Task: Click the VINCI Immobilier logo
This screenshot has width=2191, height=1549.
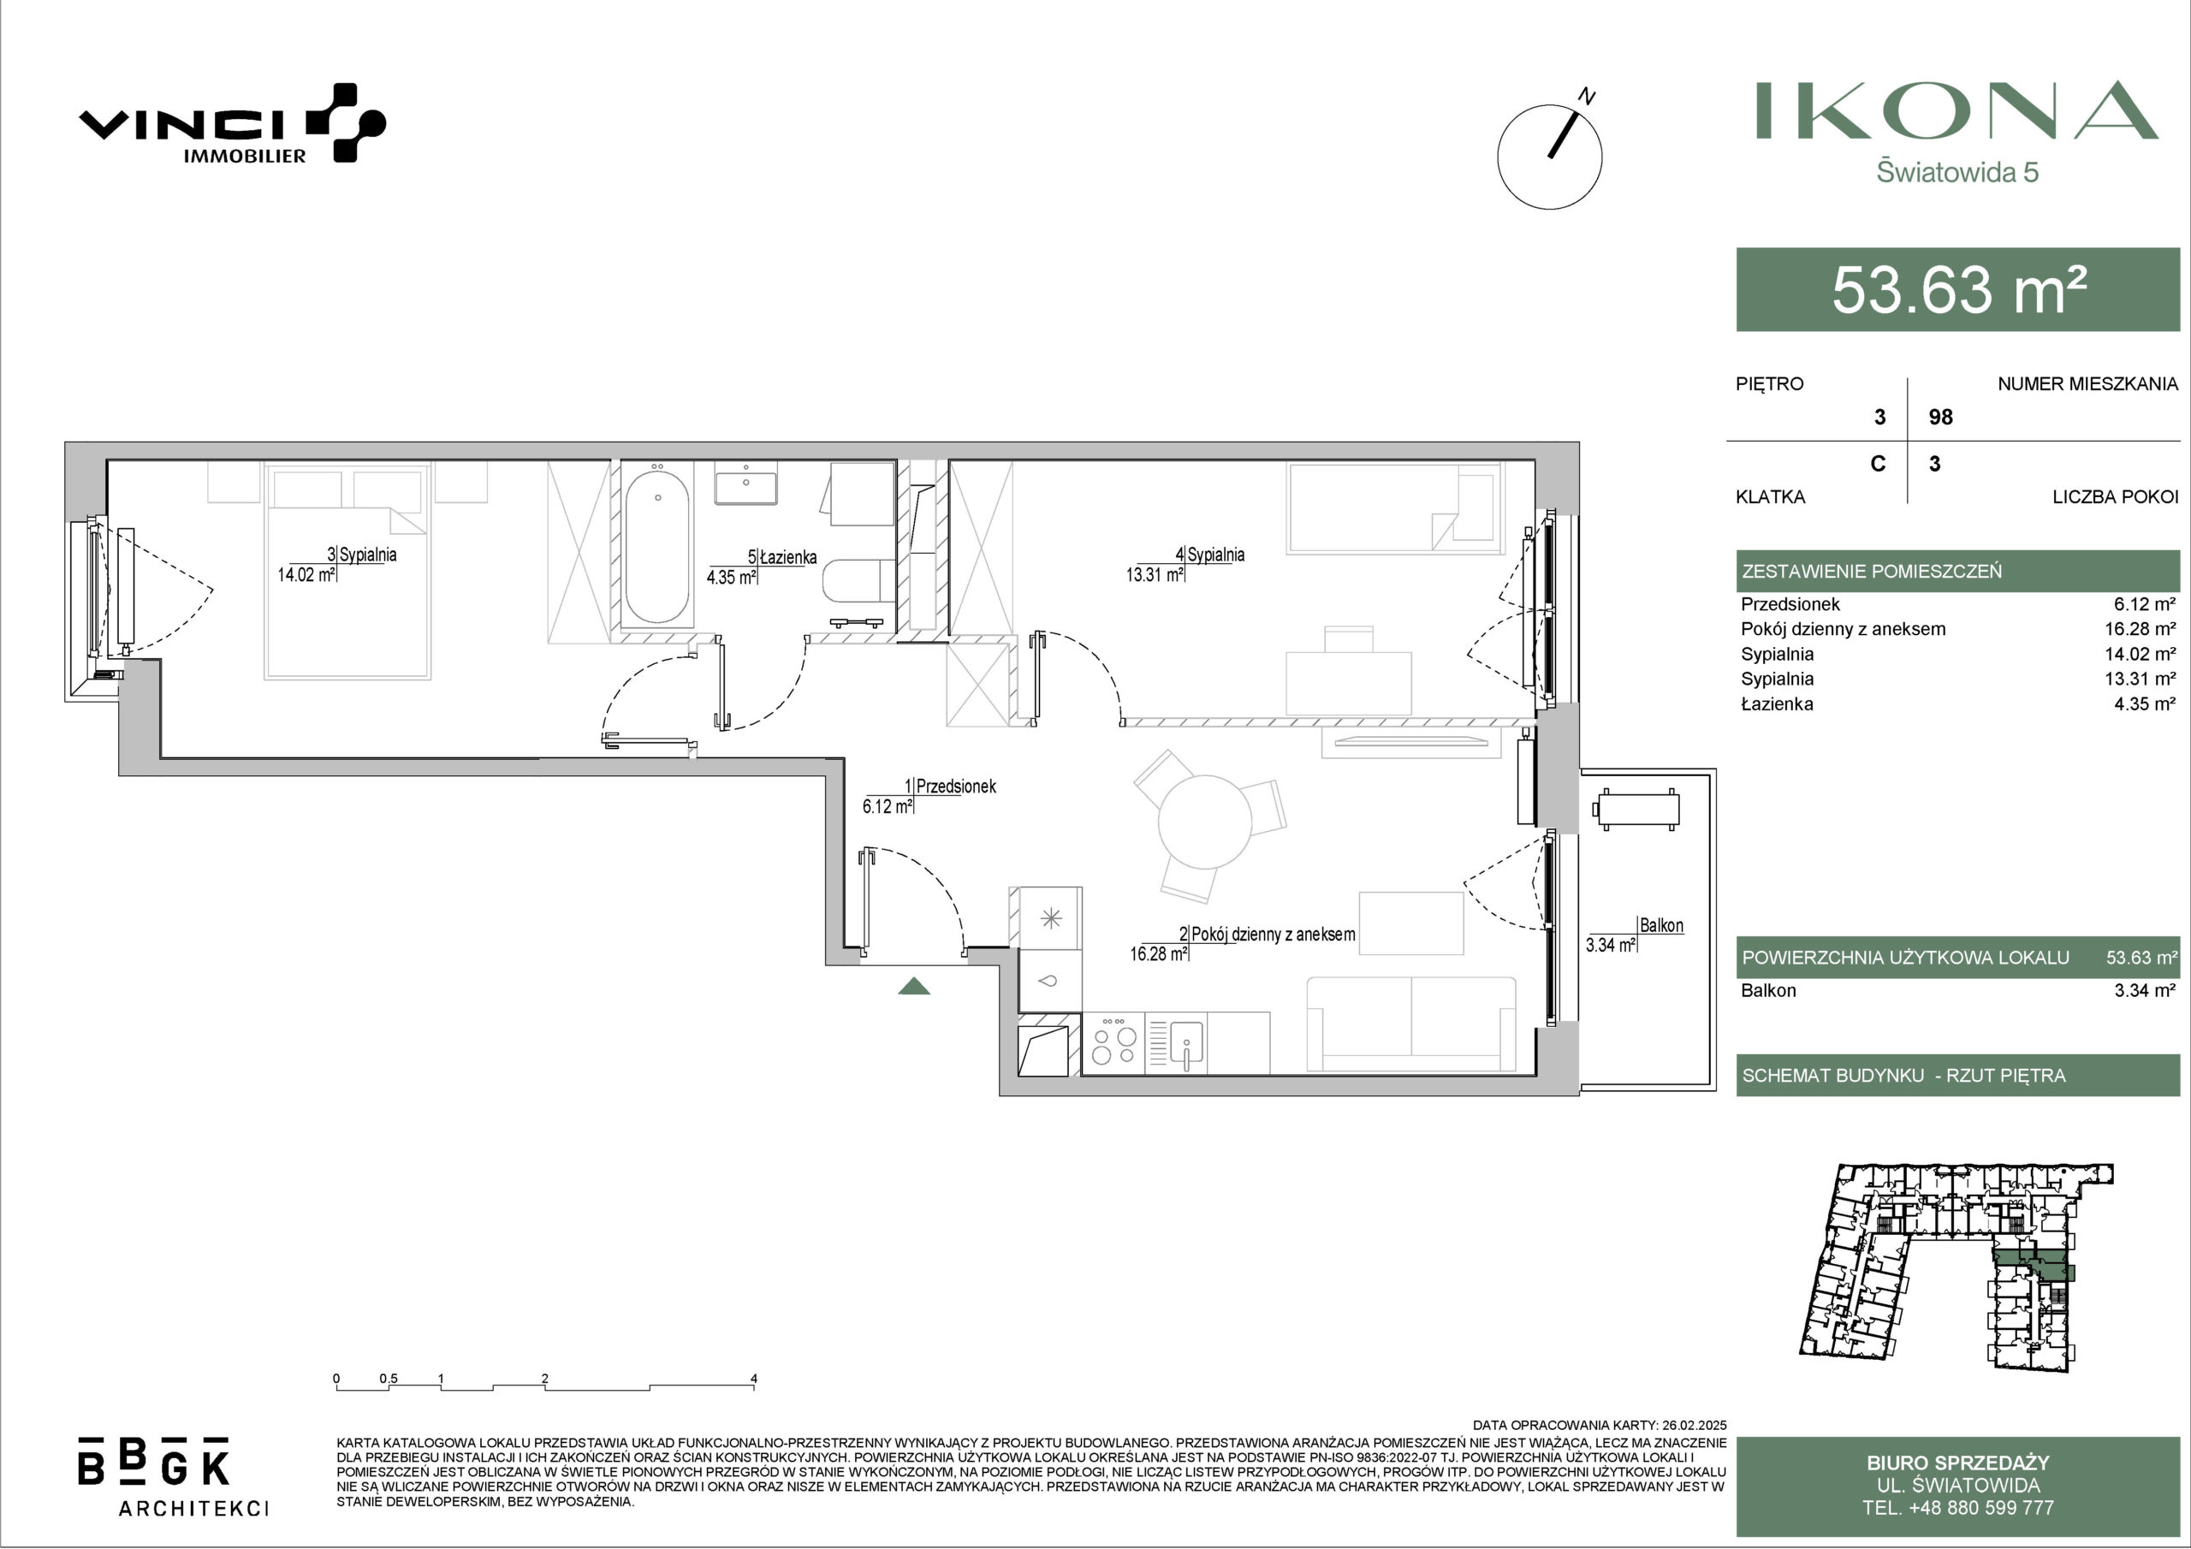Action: (232, 124)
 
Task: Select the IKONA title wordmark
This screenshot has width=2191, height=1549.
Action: (1956, 110)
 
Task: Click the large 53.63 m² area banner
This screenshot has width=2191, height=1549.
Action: (1957, 289)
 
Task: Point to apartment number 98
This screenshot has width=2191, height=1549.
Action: (1940, 417)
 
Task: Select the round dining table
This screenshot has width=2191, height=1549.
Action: (1204, 821)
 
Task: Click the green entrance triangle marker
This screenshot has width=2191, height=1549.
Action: (914, 986)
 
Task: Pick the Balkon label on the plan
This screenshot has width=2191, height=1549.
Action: (1660, 925)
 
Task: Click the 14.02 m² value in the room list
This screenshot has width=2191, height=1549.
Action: (2144, 654)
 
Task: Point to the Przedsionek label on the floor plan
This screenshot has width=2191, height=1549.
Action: (955, 786)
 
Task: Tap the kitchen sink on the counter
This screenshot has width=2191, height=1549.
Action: (1186, 1043)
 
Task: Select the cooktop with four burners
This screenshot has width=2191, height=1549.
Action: (1113, 1042)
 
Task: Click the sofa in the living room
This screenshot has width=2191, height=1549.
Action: (1411, 1024)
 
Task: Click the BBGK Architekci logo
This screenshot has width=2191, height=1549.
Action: (173, 1475)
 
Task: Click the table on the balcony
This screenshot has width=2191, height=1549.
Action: (1636, 810)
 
